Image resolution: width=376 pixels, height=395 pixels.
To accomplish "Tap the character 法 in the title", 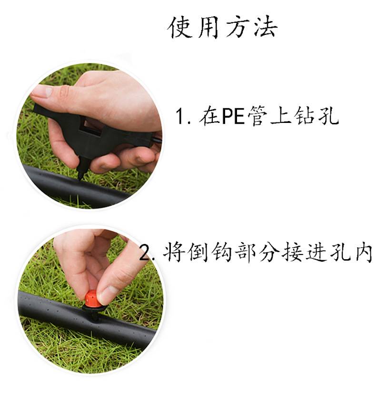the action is (x=266, y=27).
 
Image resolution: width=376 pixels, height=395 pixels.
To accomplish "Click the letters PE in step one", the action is (x=233, y=116).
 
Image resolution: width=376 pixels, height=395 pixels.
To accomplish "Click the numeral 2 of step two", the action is (x=145, y=253).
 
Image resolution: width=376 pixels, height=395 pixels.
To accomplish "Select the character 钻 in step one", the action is (x=305, y=115).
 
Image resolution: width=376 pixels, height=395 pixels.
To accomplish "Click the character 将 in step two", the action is (x=173, y=252).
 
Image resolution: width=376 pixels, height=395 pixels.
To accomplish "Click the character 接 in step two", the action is (x=292, y=252).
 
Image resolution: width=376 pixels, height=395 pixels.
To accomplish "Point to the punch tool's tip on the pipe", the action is (x=80, y=179).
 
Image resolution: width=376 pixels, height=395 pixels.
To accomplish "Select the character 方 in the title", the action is (x=237, y=27).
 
